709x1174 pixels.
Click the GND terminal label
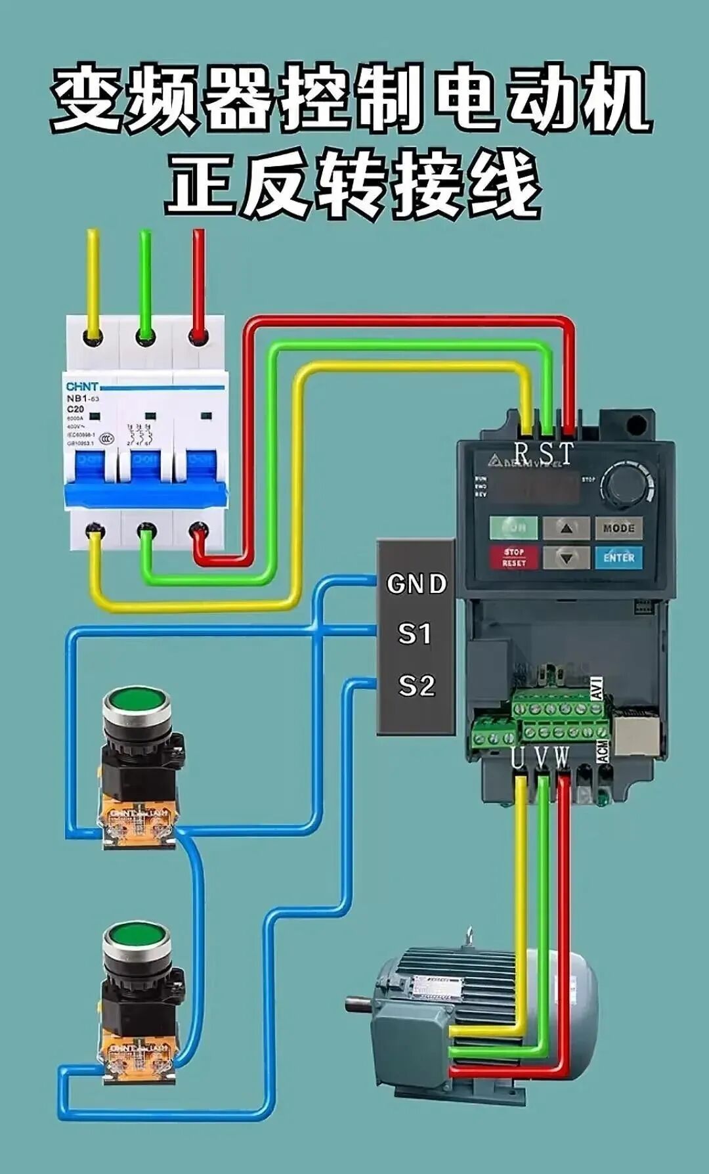[x=417, y=584]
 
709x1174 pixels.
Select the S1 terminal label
[x=415, y=634]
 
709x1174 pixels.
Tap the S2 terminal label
[x=417, y=686]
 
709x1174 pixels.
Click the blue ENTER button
[x=618, y=557]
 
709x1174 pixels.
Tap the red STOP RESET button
[x=514, y=557]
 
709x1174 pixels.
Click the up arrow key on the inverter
[x=567, y=527]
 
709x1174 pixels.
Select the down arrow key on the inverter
[x=567, y=557]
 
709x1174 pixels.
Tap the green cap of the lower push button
[x=137, y=935]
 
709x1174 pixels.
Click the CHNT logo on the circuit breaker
[x=82, y=386]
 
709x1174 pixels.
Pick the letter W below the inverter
[x=561, y=758]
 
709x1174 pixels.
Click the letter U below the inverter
[x=518, y=758]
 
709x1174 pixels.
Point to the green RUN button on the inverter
[x=514, y=527]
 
